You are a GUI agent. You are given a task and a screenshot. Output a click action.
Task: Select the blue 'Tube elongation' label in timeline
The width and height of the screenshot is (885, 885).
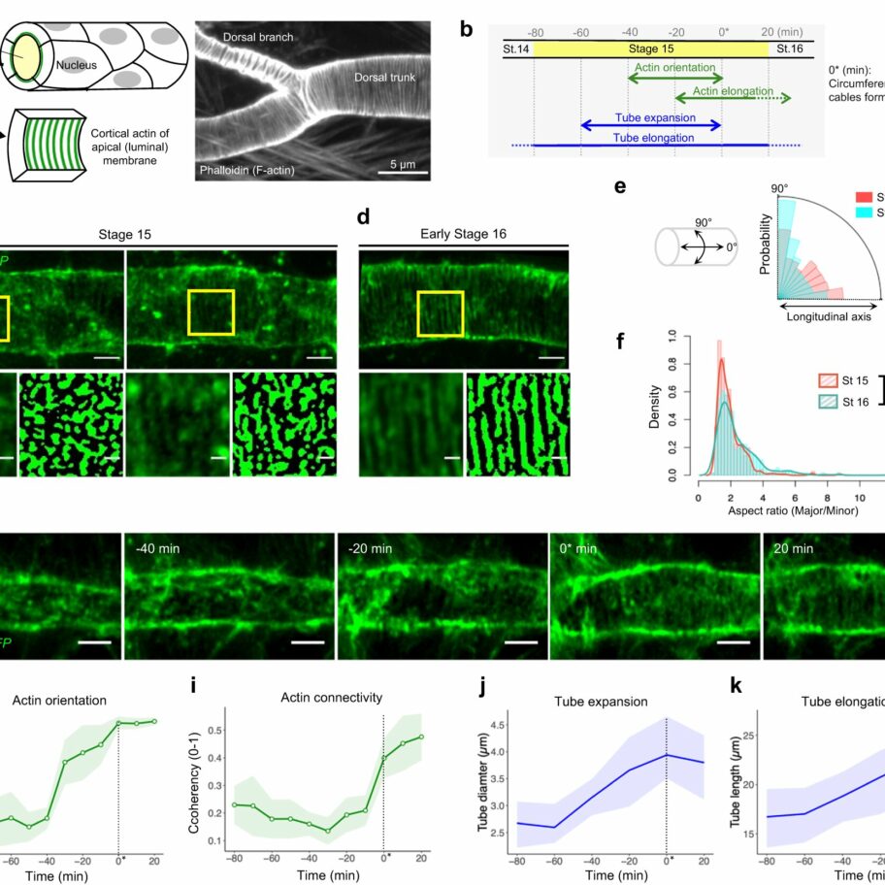click(x=655, y=138)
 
